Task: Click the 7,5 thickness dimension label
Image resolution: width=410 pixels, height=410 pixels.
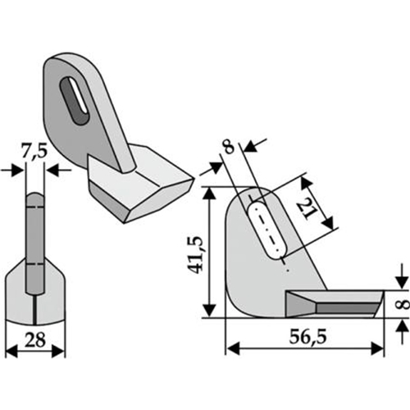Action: pos(34,152)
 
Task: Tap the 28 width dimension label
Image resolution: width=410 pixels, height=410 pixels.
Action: pos(34,340)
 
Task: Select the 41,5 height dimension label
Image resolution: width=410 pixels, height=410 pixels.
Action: pos(197,254)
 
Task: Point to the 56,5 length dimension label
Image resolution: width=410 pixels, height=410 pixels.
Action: pos(307,337)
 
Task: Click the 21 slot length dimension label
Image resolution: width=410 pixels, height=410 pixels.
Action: pos(306,208)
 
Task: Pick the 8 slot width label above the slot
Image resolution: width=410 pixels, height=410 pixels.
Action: pos(229,147)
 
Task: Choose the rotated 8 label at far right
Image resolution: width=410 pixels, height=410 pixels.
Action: pos(405,304)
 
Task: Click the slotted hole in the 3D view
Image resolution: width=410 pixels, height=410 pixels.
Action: pos(75,99)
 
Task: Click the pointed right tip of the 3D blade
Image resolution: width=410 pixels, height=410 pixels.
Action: pos(194,179)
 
